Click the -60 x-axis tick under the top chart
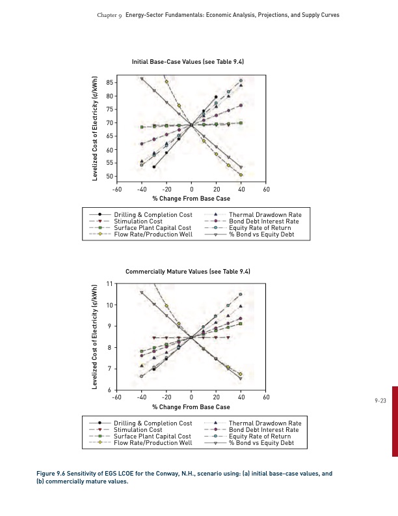116,189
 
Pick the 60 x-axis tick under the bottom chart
265,397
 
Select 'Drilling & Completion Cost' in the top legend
153,215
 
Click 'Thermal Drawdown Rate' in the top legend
265,215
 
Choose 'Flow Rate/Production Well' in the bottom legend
153,443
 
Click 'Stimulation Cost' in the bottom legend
138,430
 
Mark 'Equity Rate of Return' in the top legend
260,228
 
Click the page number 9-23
380,401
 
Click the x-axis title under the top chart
191,198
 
